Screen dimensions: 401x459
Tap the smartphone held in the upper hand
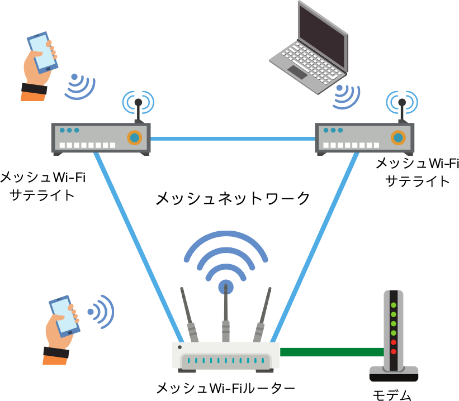[x=42, y=52]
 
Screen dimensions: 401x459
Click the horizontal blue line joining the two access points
[x=233, y=139]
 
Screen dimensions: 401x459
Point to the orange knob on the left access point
[x=134, y=137]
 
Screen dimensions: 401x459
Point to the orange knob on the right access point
[x=398, y=137]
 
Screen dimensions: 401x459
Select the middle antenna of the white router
[x=225, y=318]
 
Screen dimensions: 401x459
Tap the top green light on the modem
[x=394, y=305]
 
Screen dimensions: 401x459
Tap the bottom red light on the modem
[x=394, y=351]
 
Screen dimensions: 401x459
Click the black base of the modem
[x=394, y=377]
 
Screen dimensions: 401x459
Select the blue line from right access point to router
[x=315, y=246]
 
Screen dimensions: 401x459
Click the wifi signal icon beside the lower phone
[x=101, y=311]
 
